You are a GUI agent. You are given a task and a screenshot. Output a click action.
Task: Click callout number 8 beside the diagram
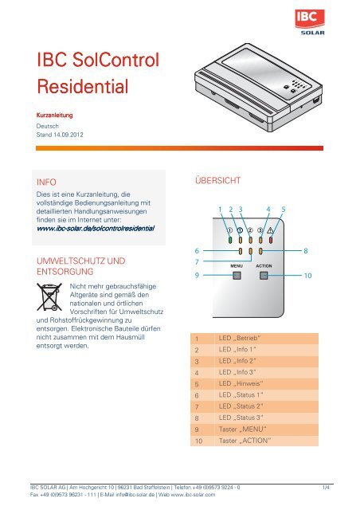point(305,250)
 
